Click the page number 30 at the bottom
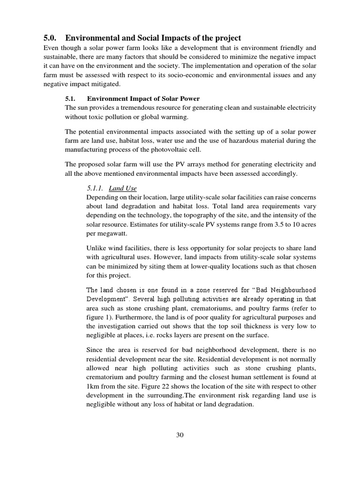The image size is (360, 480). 180,435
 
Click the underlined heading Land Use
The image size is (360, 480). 123,188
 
